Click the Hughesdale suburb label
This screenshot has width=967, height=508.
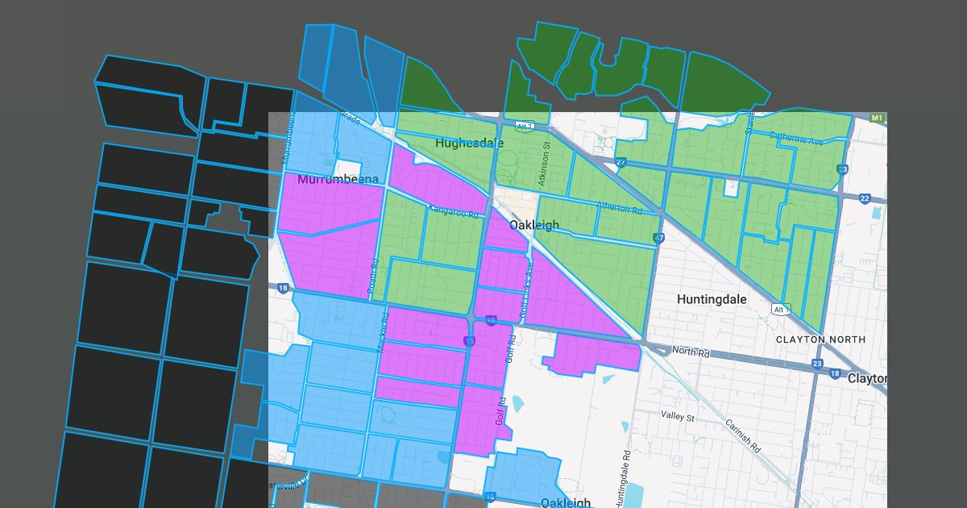click(x=469, y=144)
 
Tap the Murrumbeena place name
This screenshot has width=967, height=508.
click(x=338, y=179)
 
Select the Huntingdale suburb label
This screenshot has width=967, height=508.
click(x=712, y=299)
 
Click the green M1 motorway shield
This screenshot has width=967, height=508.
click(x=878, y=119)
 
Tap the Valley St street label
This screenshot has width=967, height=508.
click(x=677, y=417)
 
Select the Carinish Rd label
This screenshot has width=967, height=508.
click(x=742, y=437)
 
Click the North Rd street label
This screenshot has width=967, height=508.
click(x=690, y=351)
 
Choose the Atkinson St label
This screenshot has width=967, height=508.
click(x=545, y=164)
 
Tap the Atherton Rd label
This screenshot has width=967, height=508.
click(x=619, y=207)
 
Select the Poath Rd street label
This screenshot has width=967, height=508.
click(x=372, y=275)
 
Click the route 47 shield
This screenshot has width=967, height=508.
click(x=659, y=238)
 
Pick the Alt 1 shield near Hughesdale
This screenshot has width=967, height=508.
click(x=525, y=127)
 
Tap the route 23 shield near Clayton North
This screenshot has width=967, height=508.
click(x=818, y=364)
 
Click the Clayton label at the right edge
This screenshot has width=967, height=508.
click(x=867, y=378)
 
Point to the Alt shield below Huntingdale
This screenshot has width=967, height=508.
click(x=778, y=310)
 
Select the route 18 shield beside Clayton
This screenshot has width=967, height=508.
click(x=835, y=374)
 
